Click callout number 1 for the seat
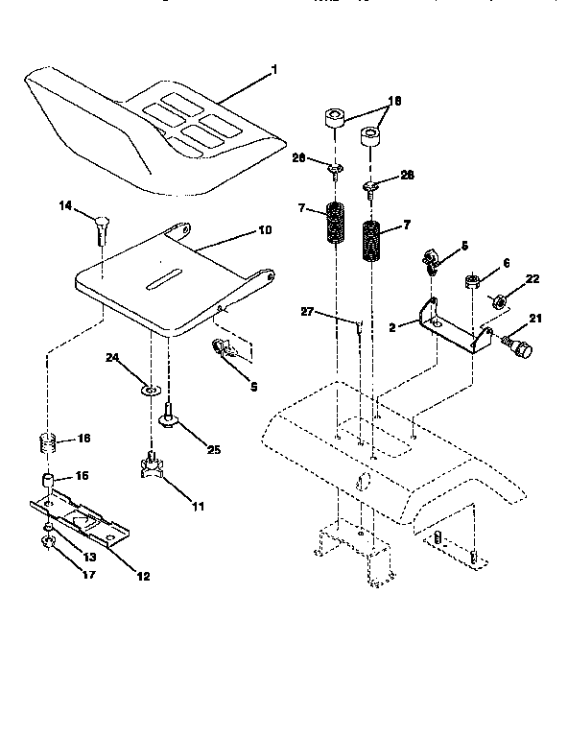[273, 70]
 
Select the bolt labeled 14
[100, 229]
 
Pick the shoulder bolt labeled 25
[168, 415]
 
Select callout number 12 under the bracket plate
[142, 576]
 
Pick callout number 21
[534, 319]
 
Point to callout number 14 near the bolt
[65, 204]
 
